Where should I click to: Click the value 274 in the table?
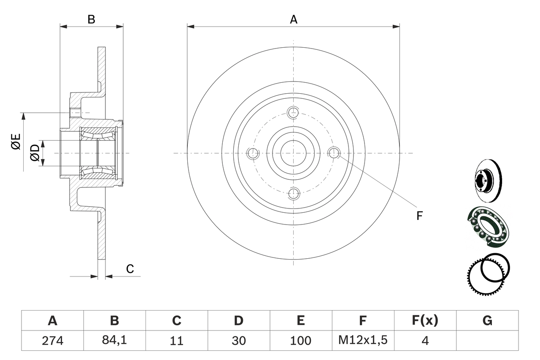[53, 341]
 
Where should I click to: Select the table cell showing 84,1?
[115, 341]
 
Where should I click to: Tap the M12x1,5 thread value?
[363, 341]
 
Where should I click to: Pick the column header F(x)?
[425, 321]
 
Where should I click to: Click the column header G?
[487, 321]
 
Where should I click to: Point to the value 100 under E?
[301, 341]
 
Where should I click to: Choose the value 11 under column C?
[177, 341]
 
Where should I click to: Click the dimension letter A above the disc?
[294, 19]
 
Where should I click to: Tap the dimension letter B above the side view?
[91, 19]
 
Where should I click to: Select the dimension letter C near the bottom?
[130, 269]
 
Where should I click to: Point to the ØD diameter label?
[35, 153]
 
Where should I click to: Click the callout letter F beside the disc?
[419, 216]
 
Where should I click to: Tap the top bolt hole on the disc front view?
[294, 112]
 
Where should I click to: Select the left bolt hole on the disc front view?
[253, 153]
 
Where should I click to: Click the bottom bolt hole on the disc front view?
[294, 194]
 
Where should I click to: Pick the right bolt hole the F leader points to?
[334, 153]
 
